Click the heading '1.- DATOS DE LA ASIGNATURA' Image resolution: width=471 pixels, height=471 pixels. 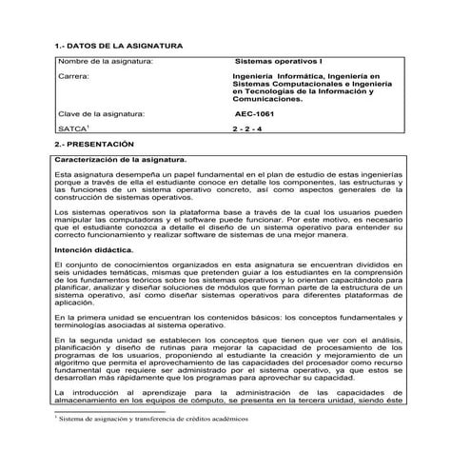click(x=114, y=45)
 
